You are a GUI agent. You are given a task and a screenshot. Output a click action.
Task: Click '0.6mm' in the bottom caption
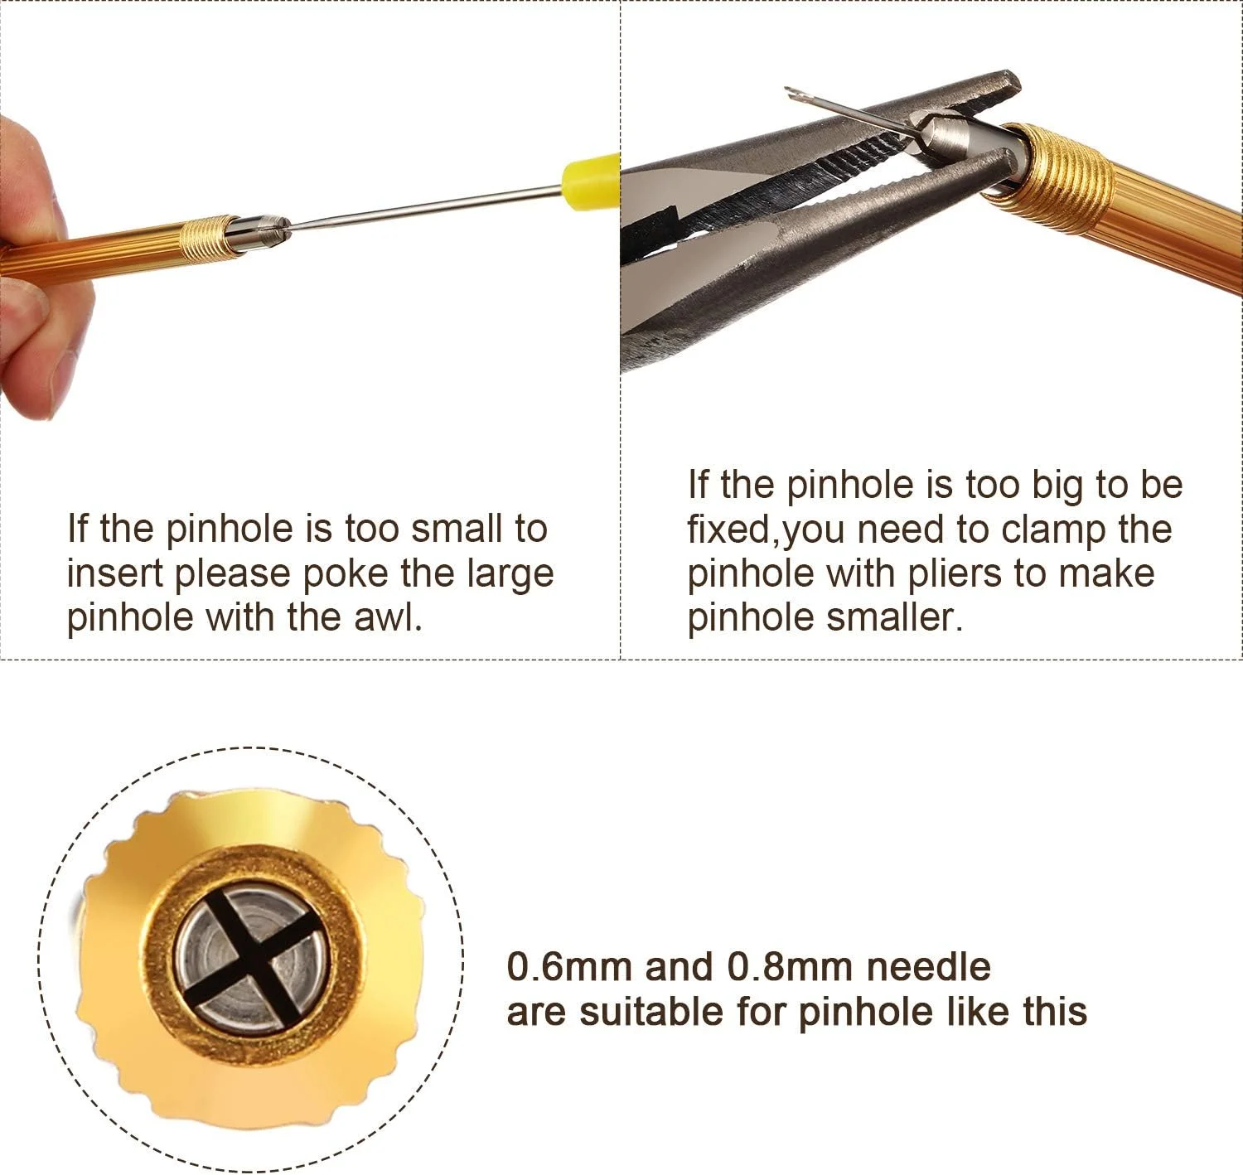pos(569,967)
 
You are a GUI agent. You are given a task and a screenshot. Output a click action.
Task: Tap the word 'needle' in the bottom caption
pos(929,967)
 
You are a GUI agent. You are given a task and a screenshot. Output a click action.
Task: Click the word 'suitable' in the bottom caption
pos(652,1011)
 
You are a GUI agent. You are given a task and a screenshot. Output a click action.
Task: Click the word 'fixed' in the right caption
pos(729,529)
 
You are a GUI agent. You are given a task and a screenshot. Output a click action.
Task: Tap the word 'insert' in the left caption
pos(116,573)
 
